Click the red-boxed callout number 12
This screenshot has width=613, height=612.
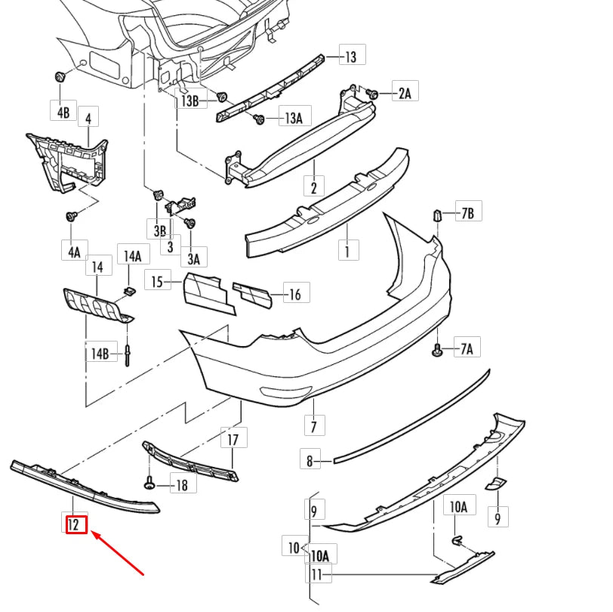[75, 523]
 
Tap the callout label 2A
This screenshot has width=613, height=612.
[405, 93]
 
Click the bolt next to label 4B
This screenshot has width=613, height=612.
[60, 78]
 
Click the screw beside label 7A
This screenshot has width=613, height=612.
[437, 348]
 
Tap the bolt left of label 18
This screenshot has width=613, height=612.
[150, 484]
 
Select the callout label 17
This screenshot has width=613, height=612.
[233, 439]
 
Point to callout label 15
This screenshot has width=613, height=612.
[157, 282]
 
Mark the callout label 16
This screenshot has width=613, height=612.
[294, 294]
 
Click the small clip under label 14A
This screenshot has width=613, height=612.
[128, 292]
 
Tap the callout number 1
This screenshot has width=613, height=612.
[347, 250]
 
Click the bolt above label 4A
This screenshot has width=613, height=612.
[72, 216]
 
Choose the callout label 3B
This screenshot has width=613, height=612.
[159, 229]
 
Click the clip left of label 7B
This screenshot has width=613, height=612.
[436, 216]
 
